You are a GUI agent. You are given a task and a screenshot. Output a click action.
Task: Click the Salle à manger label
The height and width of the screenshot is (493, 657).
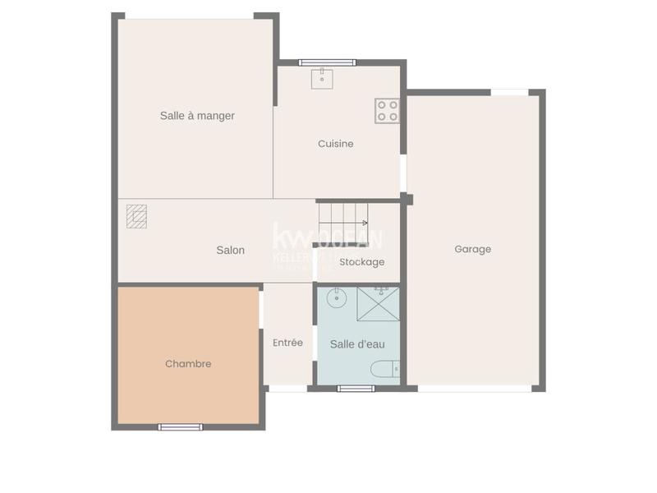tap(197, 116)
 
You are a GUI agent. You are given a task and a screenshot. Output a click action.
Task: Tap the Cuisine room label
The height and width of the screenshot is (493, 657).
tap(336, 144)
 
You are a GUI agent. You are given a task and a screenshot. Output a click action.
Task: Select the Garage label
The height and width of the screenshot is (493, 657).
tap(473, 249)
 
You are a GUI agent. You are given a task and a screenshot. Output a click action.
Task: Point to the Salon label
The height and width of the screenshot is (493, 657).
tap(230, 250)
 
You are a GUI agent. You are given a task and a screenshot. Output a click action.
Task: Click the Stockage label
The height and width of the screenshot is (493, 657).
tap(361, 262)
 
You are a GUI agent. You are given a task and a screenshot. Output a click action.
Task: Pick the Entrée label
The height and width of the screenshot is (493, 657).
tap(287, 343)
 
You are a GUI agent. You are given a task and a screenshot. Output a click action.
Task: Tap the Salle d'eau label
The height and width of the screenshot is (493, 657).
tap(357, 344)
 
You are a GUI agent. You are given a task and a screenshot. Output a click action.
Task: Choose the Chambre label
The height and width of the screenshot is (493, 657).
tap(188, 363)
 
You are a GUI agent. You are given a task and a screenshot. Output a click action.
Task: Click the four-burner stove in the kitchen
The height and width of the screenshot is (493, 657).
tap(387, 111)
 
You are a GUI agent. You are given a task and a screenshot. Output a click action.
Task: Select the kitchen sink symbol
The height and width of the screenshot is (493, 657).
tap(322, 78)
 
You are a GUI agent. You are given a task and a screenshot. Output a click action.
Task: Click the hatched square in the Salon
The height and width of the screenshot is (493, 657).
tap(136, 216)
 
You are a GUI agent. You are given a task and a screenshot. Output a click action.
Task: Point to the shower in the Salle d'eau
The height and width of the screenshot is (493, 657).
tap(379, 304)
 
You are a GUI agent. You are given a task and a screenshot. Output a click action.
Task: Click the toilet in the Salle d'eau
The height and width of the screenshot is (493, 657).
tap(384, 369)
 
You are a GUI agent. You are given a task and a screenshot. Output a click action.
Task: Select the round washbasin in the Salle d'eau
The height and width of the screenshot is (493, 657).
tap(336, 297)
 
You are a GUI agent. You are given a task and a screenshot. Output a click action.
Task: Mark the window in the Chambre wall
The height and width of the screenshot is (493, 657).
tap(180, 426)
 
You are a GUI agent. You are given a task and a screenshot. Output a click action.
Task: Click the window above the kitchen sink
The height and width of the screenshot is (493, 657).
tap(327, 62)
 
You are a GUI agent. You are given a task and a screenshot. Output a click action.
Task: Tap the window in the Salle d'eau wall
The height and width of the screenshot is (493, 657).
tap(356, 388)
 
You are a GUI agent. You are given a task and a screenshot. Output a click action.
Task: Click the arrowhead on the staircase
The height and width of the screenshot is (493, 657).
tap(365, 222)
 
